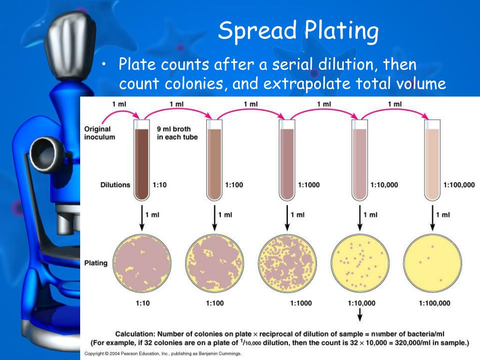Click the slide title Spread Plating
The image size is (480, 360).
pos(298,31)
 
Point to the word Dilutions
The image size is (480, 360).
pos(115,185)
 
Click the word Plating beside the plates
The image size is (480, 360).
pos(96,263)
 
